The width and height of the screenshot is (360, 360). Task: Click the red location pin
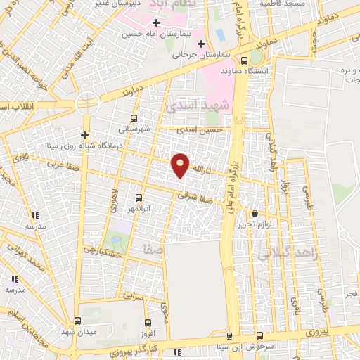[x=181, y=165]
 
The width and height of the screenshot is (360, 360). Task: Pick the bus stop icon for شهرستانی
[x=134, y=118]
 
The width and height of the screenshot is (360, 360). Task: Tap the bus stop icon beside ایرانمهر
[x=139, y=198]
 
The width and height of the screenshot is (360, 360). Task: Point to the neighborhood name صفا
[x=153, y=249]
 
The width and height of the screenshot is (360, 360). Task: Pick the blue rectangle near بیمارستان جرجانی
[x=219, y=33]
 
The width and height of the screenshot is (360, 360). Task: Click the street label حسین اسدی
[x=200, y=130]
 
